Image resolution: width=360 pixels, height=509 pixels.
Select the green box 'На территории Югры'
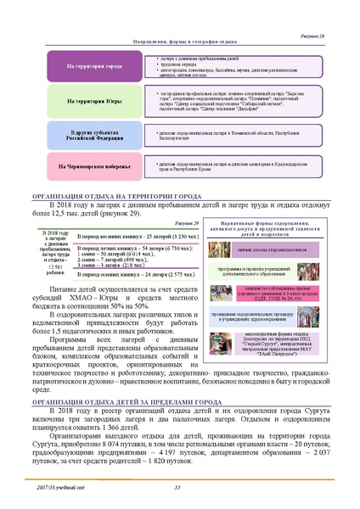click(x=95, y=101)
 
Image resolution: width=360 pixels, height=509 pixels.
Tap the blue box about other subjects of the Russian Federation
click(x=95, y=134)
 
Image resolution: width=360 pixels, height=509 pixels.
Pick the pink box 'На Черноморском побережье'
click(x=95, y=165)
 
